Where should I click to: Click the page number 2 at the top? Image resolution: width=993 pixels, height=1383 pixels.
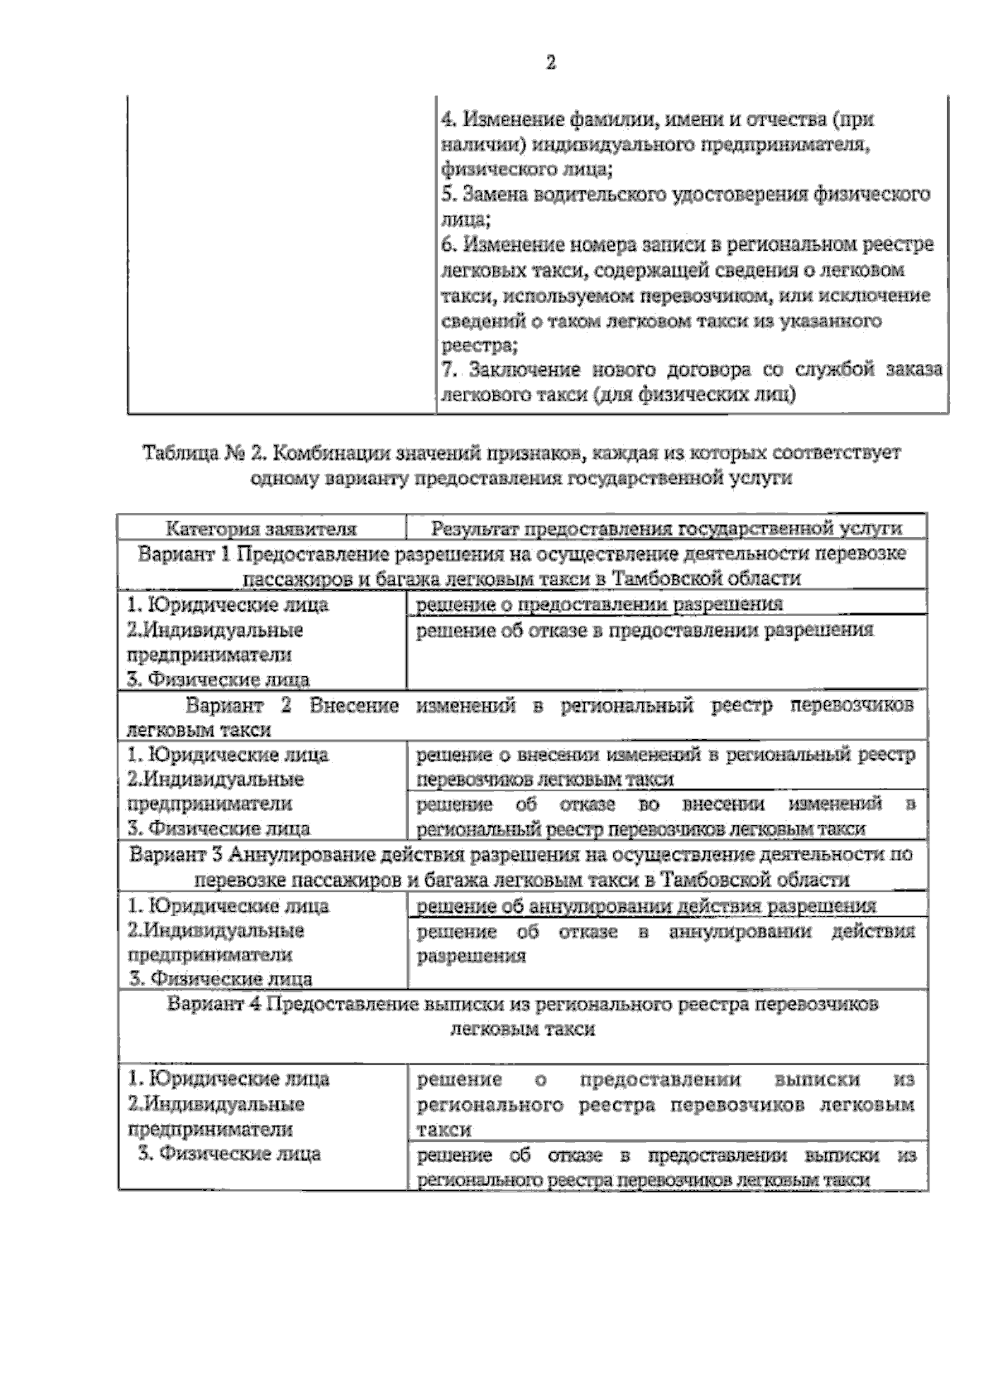click(x=550, y=64)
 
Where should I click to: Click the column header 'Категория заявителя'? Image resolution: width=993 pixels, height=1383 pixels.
click(x=261, y=529)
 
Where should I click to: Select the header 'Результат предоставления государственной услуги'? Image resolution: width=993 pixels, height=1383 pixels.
click(x=666, y=529)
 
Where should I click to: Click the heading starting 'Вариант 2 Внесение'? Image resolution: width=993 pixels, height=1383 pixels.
click(x=521, y=717)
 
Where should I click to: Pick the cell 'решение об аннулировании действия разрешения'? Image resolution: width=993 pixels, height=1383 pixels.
click(x=645, y=906)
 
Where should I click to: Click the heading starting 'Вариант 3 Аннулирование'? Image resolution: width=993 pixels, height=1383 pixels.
click(x=521, y=867)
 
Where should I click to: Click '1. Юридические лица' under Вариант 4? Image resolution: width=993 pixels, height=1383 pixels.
click(x=228, y=1079)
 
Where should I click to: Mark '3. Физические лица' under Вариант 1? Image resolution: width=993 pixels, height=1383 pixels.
click(x=218, y=680)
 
